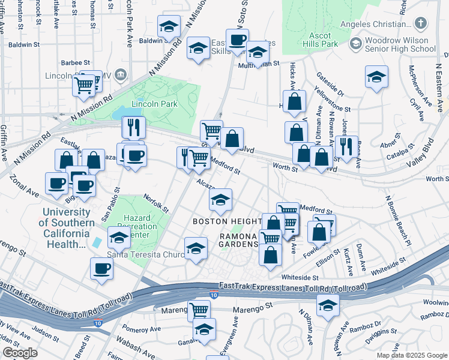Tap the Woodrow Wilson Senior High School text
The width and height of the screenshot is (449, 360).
point(400,43)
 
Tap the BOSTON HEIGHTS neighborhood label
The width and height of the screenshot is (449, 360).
point(226,221)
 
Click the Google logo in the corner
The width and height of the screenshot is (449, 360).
point(20,353)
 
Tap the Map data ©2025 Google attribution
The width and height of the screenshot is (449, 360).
point(412,355)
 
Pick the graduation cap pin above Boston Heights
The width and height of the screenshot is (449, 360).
point(220,200)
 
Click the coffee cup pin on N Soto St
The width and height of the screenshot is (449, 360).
point(237,40)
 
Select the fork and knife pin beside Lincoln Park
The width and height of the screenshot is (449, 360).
point(133,127)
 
